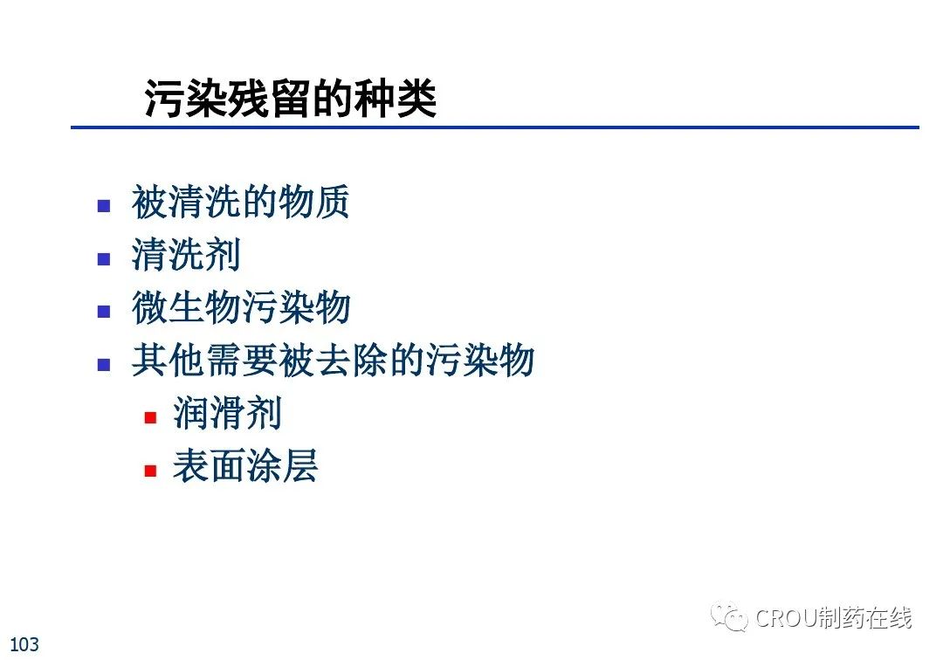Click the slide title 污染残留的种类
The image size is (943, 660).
coord(291,98)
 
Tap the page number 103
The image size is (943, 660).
coord(24,644)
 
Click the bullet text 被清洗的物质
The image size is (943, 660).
coord(241,202)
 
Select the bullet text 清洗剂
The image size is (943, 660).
coord(186,254)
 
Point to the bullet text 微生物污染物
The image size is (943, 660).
coord(241,307)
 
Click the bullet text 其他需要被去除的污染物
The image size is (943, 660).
coord(334,360)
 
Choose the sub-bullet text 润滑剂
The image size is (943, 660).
coord(227,413)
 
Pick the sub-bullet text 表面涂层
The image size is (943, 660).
coord(245,466)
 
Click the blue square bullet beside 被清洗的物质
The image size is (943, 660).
coord(104,206)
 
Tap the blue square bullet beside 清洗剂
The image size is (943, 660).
coord(104,259)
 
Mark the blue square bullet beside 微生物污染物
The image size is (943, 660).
coord(104,312)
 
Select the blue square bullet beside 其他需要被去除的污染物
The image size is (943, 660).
coord(104,364)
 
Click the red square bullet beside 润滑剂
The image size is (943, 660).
coord(150,417)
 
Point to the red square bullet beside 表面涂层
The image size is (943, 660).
coord(150,470)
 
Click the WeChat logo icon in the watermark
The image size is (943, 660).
coord(729,616)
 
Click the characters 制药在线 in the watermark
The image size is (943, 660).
coord(864,618)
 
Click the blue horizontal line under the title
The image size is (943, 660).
coord(495,127)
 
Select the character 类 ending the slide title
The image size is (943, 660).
coord(416,98)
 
